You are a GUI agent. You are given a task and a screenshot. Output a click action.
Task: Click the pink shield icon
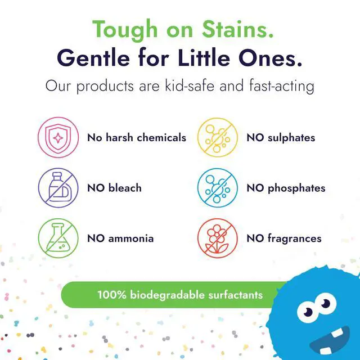click(x=58, y=137)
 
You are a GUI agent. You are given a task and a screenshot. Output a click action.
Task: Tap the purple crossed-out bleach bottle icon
click(x=58, y=188)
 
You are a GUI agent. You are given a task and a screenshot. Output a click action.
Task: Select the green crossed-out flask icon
click(x=58, y=238)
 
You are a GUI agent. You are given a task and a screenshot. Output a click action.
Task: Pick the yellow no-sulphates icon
click(x=218, y=137)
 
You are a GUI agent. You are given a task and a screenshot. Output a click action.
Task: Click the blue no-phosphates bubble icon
click(x=218, y=188)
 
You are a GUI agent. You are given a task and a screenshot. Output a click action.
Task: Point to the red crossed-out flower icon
click(x=218, y=238)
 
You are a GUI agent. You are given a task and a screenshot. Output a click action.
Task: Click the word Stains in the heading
click(x=238, y=29)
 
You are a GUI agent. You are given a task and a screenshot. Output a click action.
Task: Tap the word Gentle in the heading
click(x=93, y=58)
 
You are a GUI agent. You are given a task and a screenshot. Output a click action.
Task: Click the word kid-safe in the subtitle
click(x=190, y=85)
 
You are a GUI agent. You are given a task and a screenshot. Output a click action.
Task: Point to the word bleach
click(x=125, y=188)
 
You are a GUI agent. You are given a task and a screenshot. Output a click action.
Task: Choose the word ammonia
click(x=130, y=238)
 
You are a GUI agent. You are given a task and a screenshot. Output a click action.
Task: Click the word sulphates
click(x=291, y=138)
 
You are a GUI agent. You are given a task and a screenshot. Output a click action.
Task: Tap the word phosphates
click(x=296, y=188)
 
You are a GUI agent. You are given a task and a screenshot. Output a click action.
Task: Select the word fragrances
click(x=294, y=238)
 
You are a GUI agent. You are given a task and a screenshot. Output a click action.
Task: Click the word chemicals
click(x=161, y=137)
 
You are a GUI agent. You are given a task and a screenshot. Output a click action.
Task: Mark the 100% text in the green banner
click(x=112, y=295)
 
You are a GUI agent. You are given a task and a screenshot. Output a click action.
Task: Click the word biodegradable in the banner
click(x=167, y=295)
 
